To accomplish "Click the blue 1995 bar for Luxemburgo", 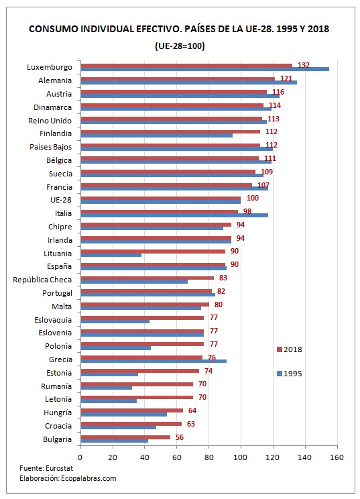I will point(204,69).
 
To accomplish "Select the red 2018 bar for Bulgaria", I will point(125,437).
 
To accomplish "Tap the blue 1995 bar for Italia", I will point(174,215).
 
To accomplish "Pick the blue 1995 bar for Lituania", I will point(111,255).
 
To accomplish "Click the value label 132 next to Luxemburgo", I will point(303,65).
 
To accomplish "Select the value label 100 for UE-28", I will point(252,198).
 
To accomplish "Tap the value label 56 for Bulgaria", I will point(179,437).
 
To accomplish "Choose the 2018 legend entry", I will point(290,349).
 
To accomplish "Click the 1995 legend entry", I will point(290,374).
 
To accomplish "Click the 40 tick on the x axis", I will point(144,457).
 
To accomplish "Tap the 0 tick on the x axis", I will point(80,457).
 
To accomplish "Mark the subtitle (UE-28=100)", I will point(179,46).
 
